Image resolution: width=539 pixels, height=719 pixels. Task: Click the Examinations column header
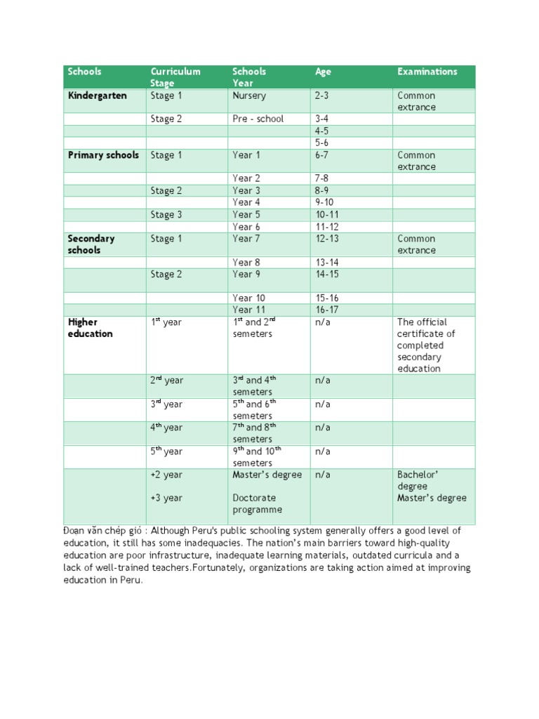pyautogui.click(x=427, y=72)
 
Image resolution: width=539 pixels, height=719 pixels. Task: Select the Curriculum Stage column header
pyautogui.click(x=175, y=77)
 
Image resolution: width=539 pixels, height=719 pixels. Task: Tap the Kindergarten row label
pyautogui.click(x=97, y=95)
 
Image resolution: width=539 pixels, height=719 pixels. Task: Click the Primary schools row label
pyautogui.click(x=103, y=155)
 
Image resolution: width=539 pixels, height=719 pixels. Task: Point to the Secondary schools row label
pyautogui.click(x=91, y=244)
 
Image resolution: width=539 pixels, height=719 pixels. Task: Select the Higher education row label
pyautogui.click(x=90, y=328)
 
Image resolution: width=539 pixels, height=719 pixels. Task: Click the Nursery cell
pyautogui.click(x=249, y=95)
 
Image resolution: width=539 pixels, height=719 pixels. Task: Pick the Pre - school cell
pyautogui.click(x=258, y=119)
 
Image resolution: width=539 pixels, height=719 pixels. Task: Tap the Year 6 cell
pyautogui.click(x=246, y=227)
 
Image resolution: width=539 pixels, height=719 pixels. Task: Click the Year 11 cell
pyautogui.click(x=248, y=310)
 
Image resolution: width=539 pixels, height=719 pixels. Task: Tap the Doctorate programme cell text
pyautogui.click(x=257, y=503)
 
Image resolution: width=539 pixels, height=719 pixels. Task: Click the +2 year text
pyautogui.click(x=166, y=475)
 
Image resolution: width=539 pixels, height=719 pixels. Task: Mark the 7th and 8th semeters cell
pyautogui.click(x=254, y=433)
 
